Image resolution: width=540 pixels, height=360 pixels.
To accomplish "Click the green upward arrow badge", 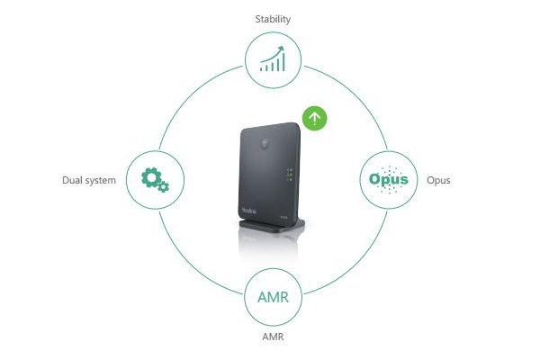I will point(313,117).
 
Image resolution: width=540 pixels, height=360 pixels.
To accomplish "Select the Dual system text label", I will point(89,180).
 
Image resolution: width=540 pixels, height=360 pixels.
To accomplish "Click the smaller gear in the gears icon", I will point(163,188).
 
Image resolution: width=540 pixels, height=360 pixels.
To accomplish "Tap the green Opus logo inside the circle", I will point(389,179).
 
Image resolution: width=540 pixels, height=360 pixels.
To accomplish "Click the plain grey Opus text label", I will point(438,180).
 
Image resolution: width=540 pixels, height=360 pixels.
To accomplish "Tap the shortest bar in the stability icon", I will point(261,68).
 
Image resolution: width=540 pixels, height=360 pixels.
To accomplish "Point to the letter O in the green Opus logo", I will point(375,179).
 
